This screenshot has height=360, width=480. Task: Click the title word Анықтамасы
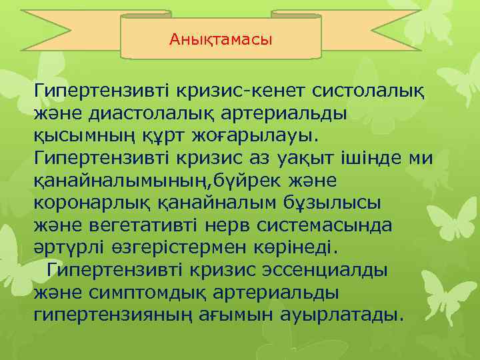point(221,40)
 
